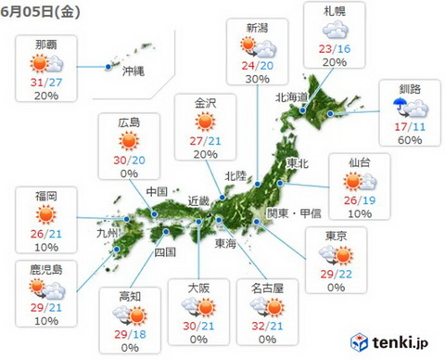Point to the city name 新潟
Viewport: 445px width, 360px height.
click(260, 25)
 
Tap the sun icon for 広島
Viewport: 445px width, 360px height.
click(131, 143)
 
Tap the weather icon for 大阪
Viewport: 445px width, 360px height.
click(198, 309)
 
